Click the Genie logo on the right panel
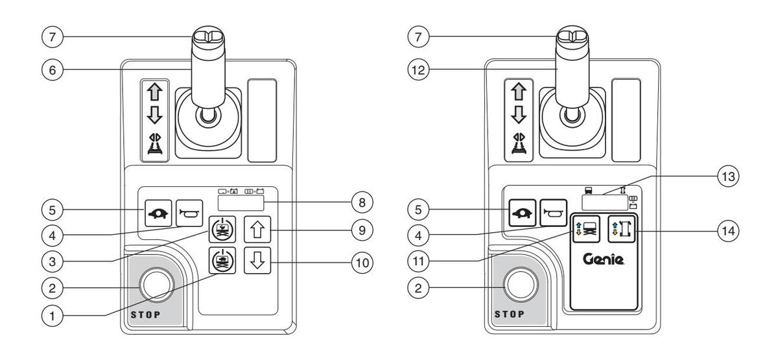click(604, 259)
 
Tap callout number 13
click(728, 176)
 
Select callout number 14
click(728, 231)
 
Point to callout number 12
click(418, 70)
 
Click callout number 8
click(362, 202)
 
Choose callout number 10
click(362, 263)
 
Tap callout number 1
click(52, 317)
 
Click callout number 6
click(52, 70)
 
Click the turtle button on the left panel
click(158, 213)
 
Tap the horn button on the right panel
click(553, 213)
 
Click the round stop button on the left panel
click(156, 285)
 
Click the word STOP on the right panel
click(510, 315)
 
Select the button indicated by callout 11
click(586, 229)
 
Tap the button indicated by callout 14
click(622, 229)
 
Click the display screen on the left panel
click(241, 202)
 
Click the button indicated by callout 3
click(222, 230)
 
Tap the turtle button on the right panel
click(523, 213)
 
